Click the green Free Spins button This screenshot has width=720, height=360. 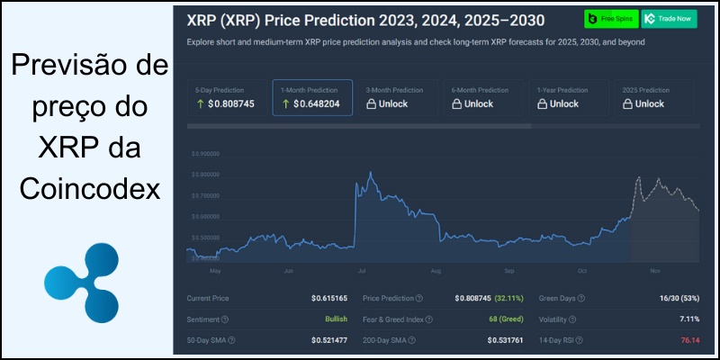(610, 19)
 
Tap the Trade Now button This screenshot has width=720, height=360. (668, 19)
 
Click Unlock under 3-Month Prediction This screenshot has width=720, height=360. (387, 104)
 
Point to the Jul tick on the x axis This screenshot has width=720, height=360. (362, 270)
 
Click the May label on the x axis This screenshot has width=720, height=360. (215, 270)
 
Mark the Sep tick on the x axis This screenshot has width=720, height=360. (508, 270)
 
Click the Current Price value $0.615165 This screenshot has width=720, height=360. (328, 297)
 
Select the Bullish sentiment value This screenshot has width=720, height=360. (335, 319)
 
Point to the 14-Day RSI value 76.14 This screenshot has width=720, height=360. (688, 340)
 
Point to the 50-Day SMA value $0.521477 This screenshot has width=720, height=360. (328, 340)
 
